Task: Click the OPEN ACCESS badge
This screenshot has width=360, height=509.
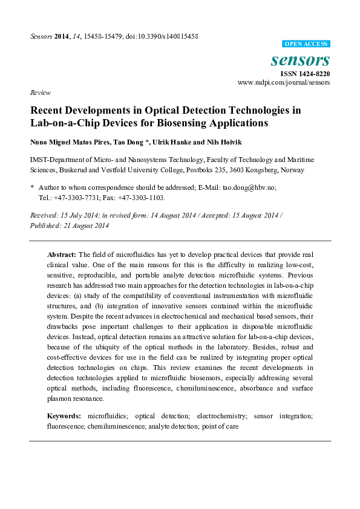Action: tap(306, 44)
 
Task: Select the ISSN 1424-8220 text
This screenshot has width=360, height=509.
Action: tap(304, 73)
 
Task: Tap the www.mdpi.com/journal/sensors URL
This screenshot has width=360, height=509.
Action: tap(284, 82)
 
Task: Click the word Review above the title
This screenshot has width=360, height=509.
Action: tap(40, 92)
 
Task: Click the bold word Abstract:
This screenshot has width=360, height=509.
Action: tap(62, 254)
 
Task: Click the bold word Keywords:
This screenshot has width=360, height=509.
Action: tap(64, 416)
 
